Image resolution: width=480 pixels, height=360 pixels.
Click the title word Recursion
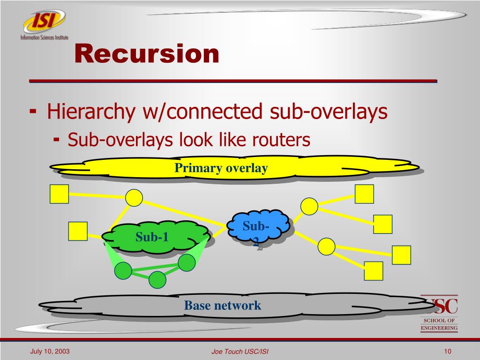pyautogui.click(x=147, y=53)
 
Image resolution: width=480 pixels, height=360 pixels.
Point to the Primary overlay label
pyautogui.click(x=221, y=168)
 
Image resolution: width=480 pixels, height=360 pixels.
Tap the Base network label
pyautogui.click(x=222, y=306)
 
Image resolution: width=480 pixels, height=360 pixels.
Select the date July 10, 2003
pyautogui.click(x=50, y=351)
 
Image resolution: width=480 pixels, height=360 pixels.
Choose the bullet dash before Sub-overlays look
pyautogui.click(x=57, y=139)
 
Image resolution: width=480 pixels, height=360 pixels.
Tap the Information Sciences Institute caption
pyautogui.click(x=44, y=37)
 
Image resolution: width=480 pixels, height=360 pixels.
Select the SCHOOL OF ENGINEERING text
pyautogui.click(x=439, y=324)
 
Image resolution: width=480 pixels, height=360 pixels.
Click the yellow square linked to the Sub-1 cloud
pyautogui.click(x=78, y=231)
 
